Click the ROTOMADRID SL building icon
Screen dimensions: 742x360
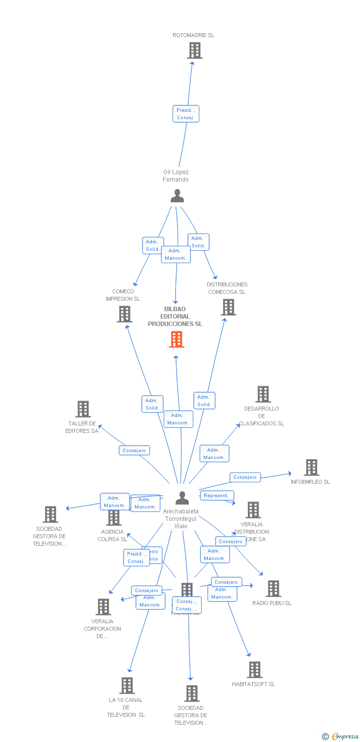click(x=195, y=50)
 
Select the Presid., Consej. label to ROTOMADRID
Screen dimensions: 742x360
click(x=186, y=114)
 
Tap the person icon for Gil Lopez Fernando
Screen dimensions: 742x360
click(x=177, y=196)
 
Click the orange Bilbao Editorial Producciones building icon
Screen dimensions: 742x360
click(x=177, y=339)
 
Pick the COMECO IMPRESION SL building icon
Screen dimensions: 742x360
click(x=124, y=314)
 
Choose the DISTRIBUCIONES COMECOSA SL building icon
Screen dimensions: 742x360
click(x=228, y=307)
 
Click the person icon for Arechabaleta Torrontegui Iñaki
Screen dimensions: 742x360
click(x=182, y=498)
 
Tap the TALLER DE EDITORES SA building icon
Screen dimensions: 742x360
click(x=83, y=409)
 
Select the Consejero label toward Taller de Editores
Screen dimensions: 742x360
click(x=134, y=451)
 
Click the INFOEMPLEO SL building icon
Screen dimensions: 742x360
click(x=311, y=467)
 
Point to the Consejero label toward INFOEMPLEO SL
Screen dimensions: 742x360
click(x=245, y=477)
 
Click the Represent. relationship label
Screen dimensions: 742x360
click(x=217, y=495)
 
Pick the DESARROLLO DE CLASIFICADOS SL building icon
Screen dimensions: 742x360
click(x=263, y=394)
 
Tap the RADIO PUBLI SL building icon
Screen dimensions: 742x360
click(x=273, y=589)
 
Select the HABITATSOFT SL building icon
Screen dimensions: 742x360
click(x=254, y=670)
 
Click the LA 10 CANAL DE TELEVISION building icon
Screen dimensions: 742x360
click(x=128, y=686)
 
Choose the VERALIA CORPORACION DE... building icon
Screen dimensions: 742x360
click(x=103, y=607)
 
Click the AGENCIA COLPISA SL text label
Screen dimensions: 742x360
click(x=112, y=536)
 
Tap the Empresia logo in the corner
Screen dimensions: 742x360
click(x=340, y=737)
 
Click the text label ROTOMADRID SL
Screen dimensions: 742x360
click(x=193, y=35)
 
